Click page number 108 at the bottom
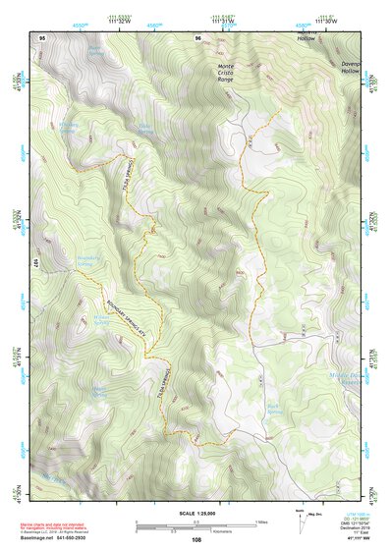click(x=195, y=539)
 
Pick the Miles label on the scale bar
click(x=258, y=522)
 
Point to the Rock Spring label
click(x=274, y=405)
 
